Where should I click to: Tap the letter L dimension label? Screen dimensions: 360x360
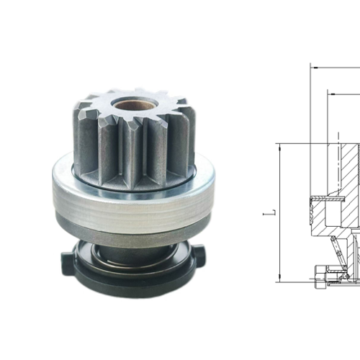click(268, 214)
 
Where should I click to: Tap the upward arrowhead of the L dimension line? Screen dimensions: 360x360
click(279, 146)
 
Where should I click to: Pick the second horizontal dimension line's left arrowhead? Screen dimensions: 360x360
click(330, 92)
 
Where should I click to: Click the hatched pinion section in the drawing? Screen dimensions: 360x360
click(346, 166)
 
